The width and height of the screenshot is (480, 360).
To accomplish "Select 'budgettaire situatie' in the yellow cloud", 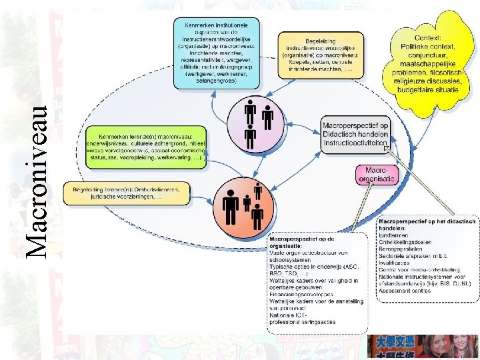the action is (427, 89).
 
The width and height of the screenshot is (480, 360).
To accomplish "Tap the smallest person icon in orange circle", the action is (247, 203).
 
